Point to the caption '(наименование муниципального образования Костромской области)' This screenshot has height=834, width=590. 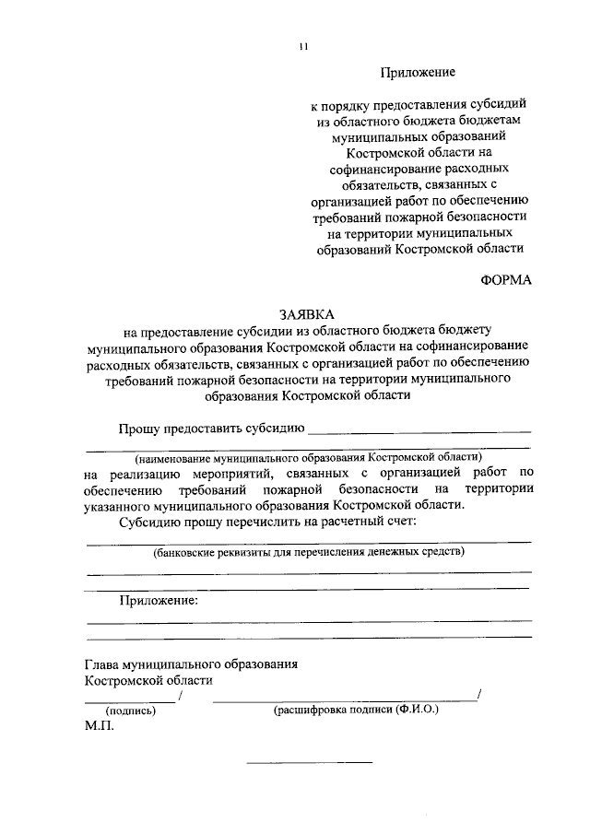[x=308, y=457]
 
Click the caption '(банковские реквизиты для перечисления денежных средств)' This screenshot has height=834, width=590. [x=309, y=553]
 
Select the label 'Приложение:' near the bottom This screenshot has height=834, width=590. [x=158, y=601]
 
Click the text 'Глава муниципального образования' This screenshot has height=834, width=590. [x=191, y=664]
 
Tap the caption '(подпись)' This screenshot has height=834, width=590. [x=131, y=711]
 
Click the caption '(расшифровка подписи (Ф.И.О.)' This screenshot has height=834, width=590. [x=356, y=711]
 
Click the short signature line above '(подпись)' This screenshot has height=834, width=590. [x=130, y=701]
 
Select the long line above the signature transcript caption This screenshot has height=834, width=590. [x=345, y=701]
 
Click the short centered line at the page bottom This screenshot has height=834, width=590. [x=309, y=762]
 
